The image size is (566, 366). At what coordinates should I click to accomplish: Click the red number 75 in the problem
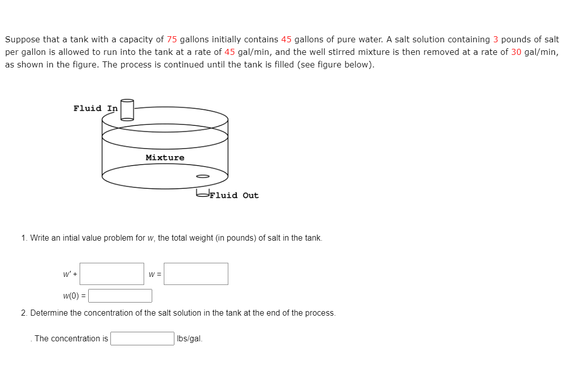[172, 39]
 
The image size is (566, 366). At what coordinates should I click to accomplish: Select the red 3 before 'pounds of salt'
[495, 39]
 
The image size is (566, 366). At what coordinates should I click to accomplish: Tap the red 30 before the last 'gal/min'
[516, 52]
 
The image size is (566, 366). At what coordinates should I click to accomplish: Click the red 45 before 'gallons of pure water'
[286, 39]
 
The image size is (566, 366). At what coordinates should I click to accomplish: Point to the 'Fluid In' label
[95, 108]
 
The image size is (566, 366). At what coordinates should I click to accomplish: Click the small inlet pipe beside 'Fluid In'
[127, 110]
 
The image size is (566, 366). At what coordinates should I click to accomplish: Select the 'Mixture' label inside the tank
[165, 158]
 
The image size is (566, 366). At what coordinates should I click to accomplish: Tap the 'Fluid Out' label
[234, 195]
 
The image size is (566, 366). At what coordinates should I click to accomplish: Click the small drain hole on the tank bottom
[202, 176]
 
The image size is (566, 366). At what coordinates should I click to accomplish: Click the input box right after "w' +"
[112, 274]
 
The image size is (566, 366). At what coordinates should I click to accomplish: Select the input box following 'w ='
[196, 274]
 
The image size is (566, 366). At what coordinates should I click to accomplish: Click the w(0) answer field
[120, 296]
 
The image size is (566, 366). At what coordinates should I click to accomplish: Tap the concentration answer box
[143, 338]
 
